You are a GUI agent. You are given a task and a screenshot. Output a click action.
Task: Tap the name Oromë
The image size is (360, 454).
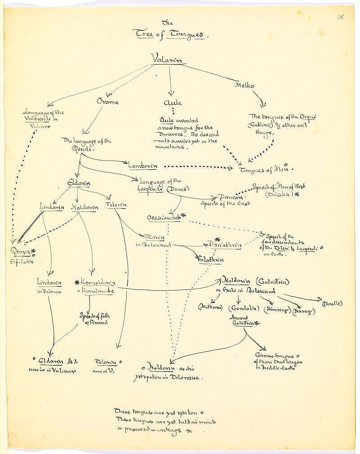tap(108, 102)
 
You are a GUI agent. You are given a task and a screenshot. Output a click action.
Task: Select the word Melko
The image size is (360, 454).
tap(245, 85)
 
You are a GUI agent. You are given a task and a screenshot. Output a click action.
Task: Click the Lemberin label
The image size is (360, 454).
tap(142, 166)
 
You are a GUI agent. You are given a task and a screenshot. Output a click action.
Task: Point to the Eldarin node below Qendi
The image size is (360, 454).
tap(79, 183)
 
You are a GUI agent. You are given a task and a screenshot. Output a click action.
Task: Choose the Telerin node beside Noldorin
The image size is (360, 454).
tap(116, 205)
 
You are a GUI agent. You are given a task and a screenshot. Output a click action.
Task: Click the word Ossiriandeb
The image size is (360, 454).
tap(164, 218)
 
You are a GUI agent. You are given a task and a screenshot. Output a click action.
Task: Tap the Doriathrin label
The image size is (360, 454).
tap(225, 245)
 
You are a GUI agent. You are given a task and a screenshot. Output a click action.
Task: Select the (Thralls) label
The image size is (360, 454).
tap(332, 303)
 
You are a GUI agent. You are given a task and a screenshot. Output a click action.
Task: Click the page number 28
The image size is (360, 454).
tap(340, 17)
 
